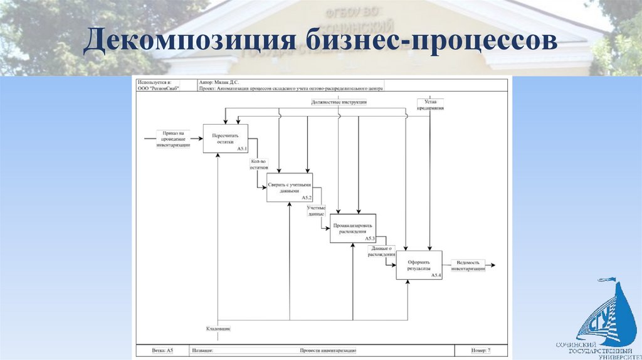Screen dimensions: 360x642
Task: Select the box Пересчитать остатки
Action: point(225,139)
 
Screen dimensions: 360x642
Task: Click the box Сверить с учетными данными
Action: point(289,187)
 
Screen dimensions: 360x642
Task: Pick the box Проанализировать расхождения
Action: point(353,228)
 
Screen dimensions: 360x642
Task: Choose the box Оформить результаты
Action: point(418,265)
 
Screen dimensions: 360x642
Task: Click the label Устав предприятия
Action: point(431,104)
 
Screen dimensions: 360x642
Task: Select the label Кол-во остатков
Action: point(255,165)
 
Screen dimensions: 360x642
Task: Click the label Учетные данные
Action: point(315,210)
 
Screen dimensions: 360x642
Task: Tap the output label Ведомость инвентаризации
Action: point(471,266)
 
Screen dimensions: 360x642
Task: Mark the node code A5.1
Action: point(242,149)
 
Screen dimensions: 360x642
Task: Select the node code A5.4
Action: point(436,275)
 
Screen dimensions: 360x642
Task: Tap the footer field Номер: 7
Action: point(481,351)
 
